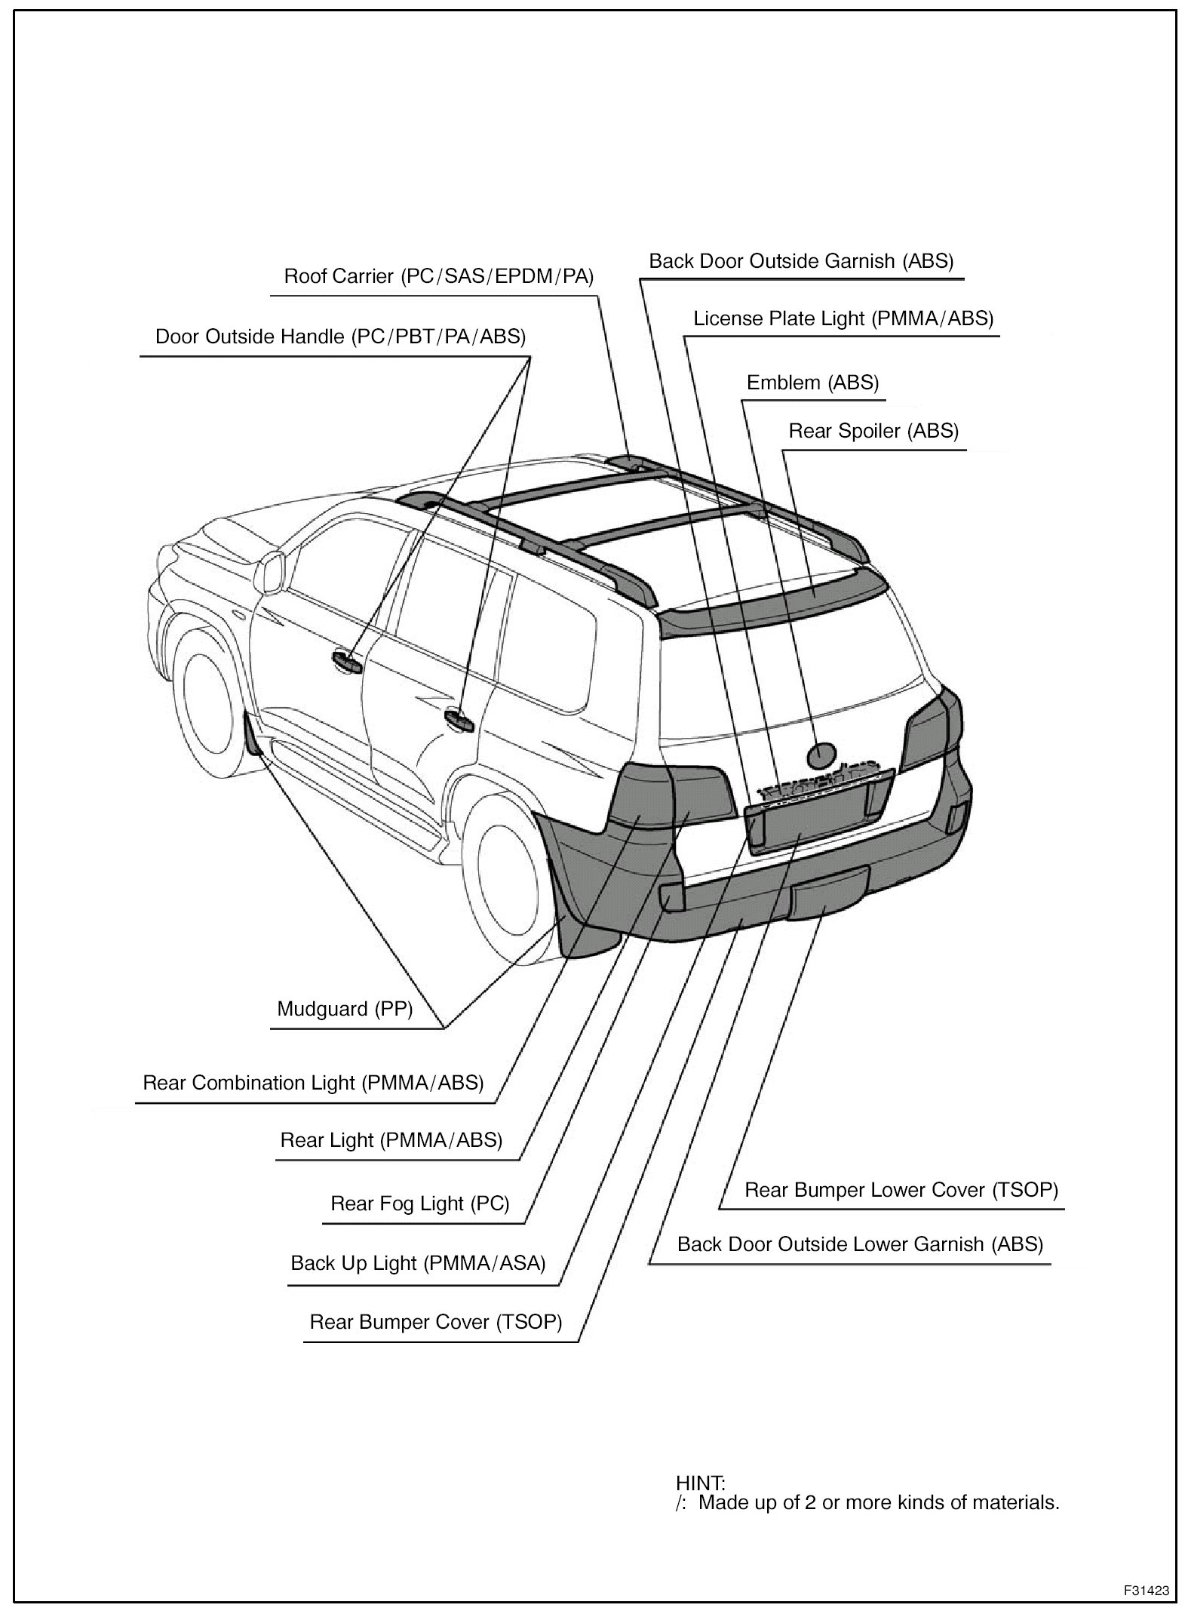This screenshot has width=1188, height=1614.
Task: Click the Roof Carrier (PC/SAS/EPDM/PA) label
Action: (438, 276)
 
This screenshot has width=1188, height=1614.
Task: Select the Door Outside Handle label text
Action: (340, 337)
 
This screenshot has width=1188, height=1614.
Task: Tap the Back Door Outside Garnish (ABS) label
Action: (801, 261)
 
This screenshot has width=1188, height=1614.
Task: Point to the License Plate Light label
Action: (843, 318)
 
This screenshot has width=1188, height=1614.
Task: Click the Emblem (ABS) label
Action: (812, 383)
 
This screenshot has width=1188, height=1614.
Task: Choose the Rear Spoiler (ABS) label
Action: (873, 431)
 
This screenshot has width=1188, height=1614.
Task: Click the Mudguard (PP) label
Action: (345, 1009)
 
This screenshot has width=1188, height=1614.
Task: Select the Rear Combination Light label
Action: (313, 1083)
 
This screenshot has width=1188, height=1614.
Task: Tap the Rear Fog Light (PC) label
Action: (420, 1204)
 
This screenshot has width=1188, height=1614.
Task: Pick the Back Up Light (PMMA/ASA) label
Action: (418, 1263)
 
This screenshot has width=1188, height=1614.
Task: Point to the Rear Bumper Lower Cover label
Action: (901, 1190)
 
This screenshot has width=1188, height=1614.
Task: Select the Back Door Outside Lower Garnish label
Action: (860, 1244)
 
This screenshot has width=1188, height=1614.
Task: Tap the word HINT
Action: (700, 1483)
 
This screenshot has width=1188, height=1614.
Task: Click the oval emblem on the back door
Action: (821, 753)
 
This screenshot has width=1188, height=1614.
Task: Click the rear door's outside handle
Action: (459, 718)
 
